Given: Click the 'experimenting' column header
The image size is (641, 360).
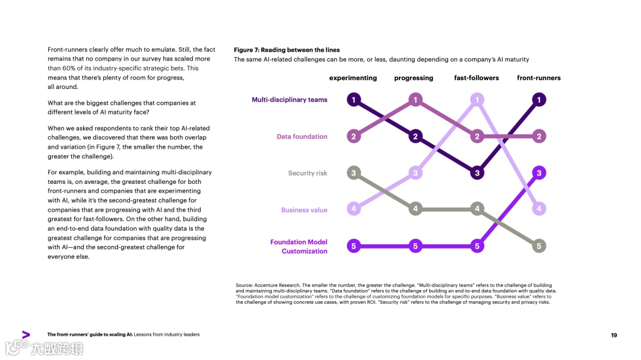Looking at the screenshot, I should pos(353,78).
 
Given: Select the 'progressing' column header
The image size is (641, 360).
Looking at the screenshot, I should pos(414,78).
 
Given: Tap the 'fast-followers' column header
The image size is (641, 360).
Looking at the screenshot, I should pos(477,78).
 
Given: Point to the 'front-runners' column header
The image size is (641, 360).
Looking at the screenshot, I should pos(539,78).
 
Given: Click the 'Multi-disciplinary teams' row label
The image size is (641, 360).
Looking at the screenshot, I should pos(290,100).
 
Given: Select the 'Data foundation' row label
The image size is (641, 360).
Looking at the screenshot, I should pos(302,136).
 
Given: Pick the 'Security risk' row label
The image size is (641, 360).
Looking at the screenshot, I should pos(307,173).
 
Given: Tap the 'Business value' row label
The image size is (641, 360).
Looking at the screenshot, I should pos(304,210).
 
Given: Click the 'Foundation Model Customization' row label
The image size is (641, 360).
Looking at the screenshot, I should pos(299,247).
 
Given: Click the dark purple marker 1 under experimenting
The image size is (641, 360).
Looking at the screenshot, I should pos(354,100).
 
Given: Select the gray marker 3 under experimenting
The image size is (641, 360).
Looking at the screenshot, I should pos(354,173).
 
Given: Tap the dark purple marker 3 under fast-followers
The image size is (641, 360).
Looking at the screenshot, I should pos(477,173).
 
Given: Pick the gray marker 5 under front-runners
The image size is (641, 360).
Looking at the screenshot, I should pos(539,246).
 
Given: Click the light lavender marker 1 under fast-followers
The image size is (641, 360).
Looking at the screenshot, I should pos(477,100).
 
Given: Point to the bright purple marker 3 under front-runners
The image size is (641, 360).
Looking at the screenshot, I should pos(539,173).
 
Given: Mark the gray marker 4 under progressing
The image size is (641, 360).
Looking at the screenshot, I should pos(415,209).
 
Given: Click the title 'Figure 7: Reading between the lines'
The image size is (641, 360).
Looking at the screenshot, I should pos(287,50).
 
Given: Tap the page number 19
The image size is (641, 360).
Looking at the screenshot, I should pos(614,335).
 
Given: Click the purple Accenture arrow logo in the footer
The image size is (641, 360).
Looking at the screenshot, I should pos(26,334).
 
